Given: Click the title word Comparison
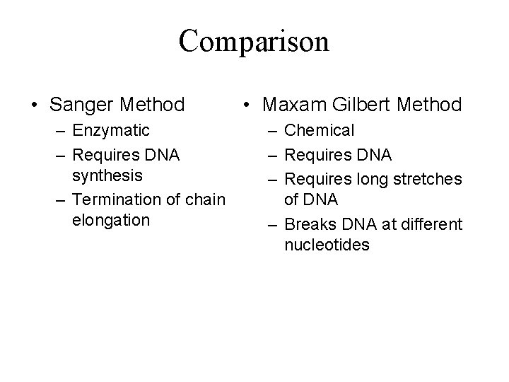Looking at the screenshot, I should (x=254, y=42).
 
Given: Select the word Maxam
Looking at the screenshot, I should (x=291, y=105).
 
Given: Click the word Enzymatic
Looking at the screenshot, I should (x=110, y=130).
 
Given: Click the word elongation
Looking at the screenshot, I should (x=110, y=220).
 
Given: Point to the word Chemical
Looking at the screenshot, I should (x=318, y=130).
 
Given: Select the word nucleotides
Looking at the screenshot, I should (x=326, y=245).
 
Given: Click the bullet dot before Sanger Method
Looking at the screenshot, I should (x=34, y=106).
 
